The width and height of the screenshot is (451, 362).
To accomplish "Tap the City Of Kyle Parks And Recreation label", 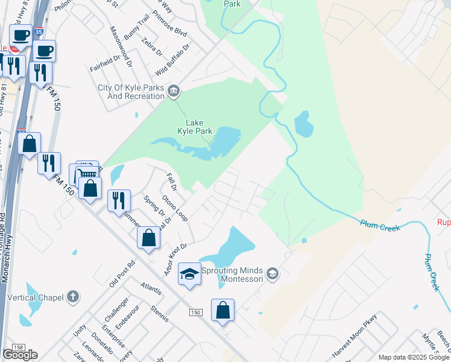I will pos(131,92).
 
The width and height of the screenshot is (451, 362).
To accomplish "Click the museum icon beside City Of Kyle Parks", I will pos(174,91).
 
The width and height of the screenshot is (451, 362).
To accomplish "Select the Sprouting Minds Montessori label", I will pos(233,275).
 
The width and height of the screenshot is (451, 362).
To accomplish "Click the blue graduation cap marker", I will pos(189,274).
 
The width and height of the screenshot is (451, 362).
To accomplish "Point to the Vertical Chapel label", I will pos(35,297).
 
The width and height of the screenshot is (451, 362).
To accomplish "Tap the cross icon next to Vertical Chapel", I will pos(72,296).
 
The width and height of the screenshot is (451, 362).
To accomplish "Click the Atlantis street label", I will pos(151,289).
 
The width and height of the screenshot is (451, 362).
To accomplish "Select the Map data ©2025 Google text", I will pos(414,357).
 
